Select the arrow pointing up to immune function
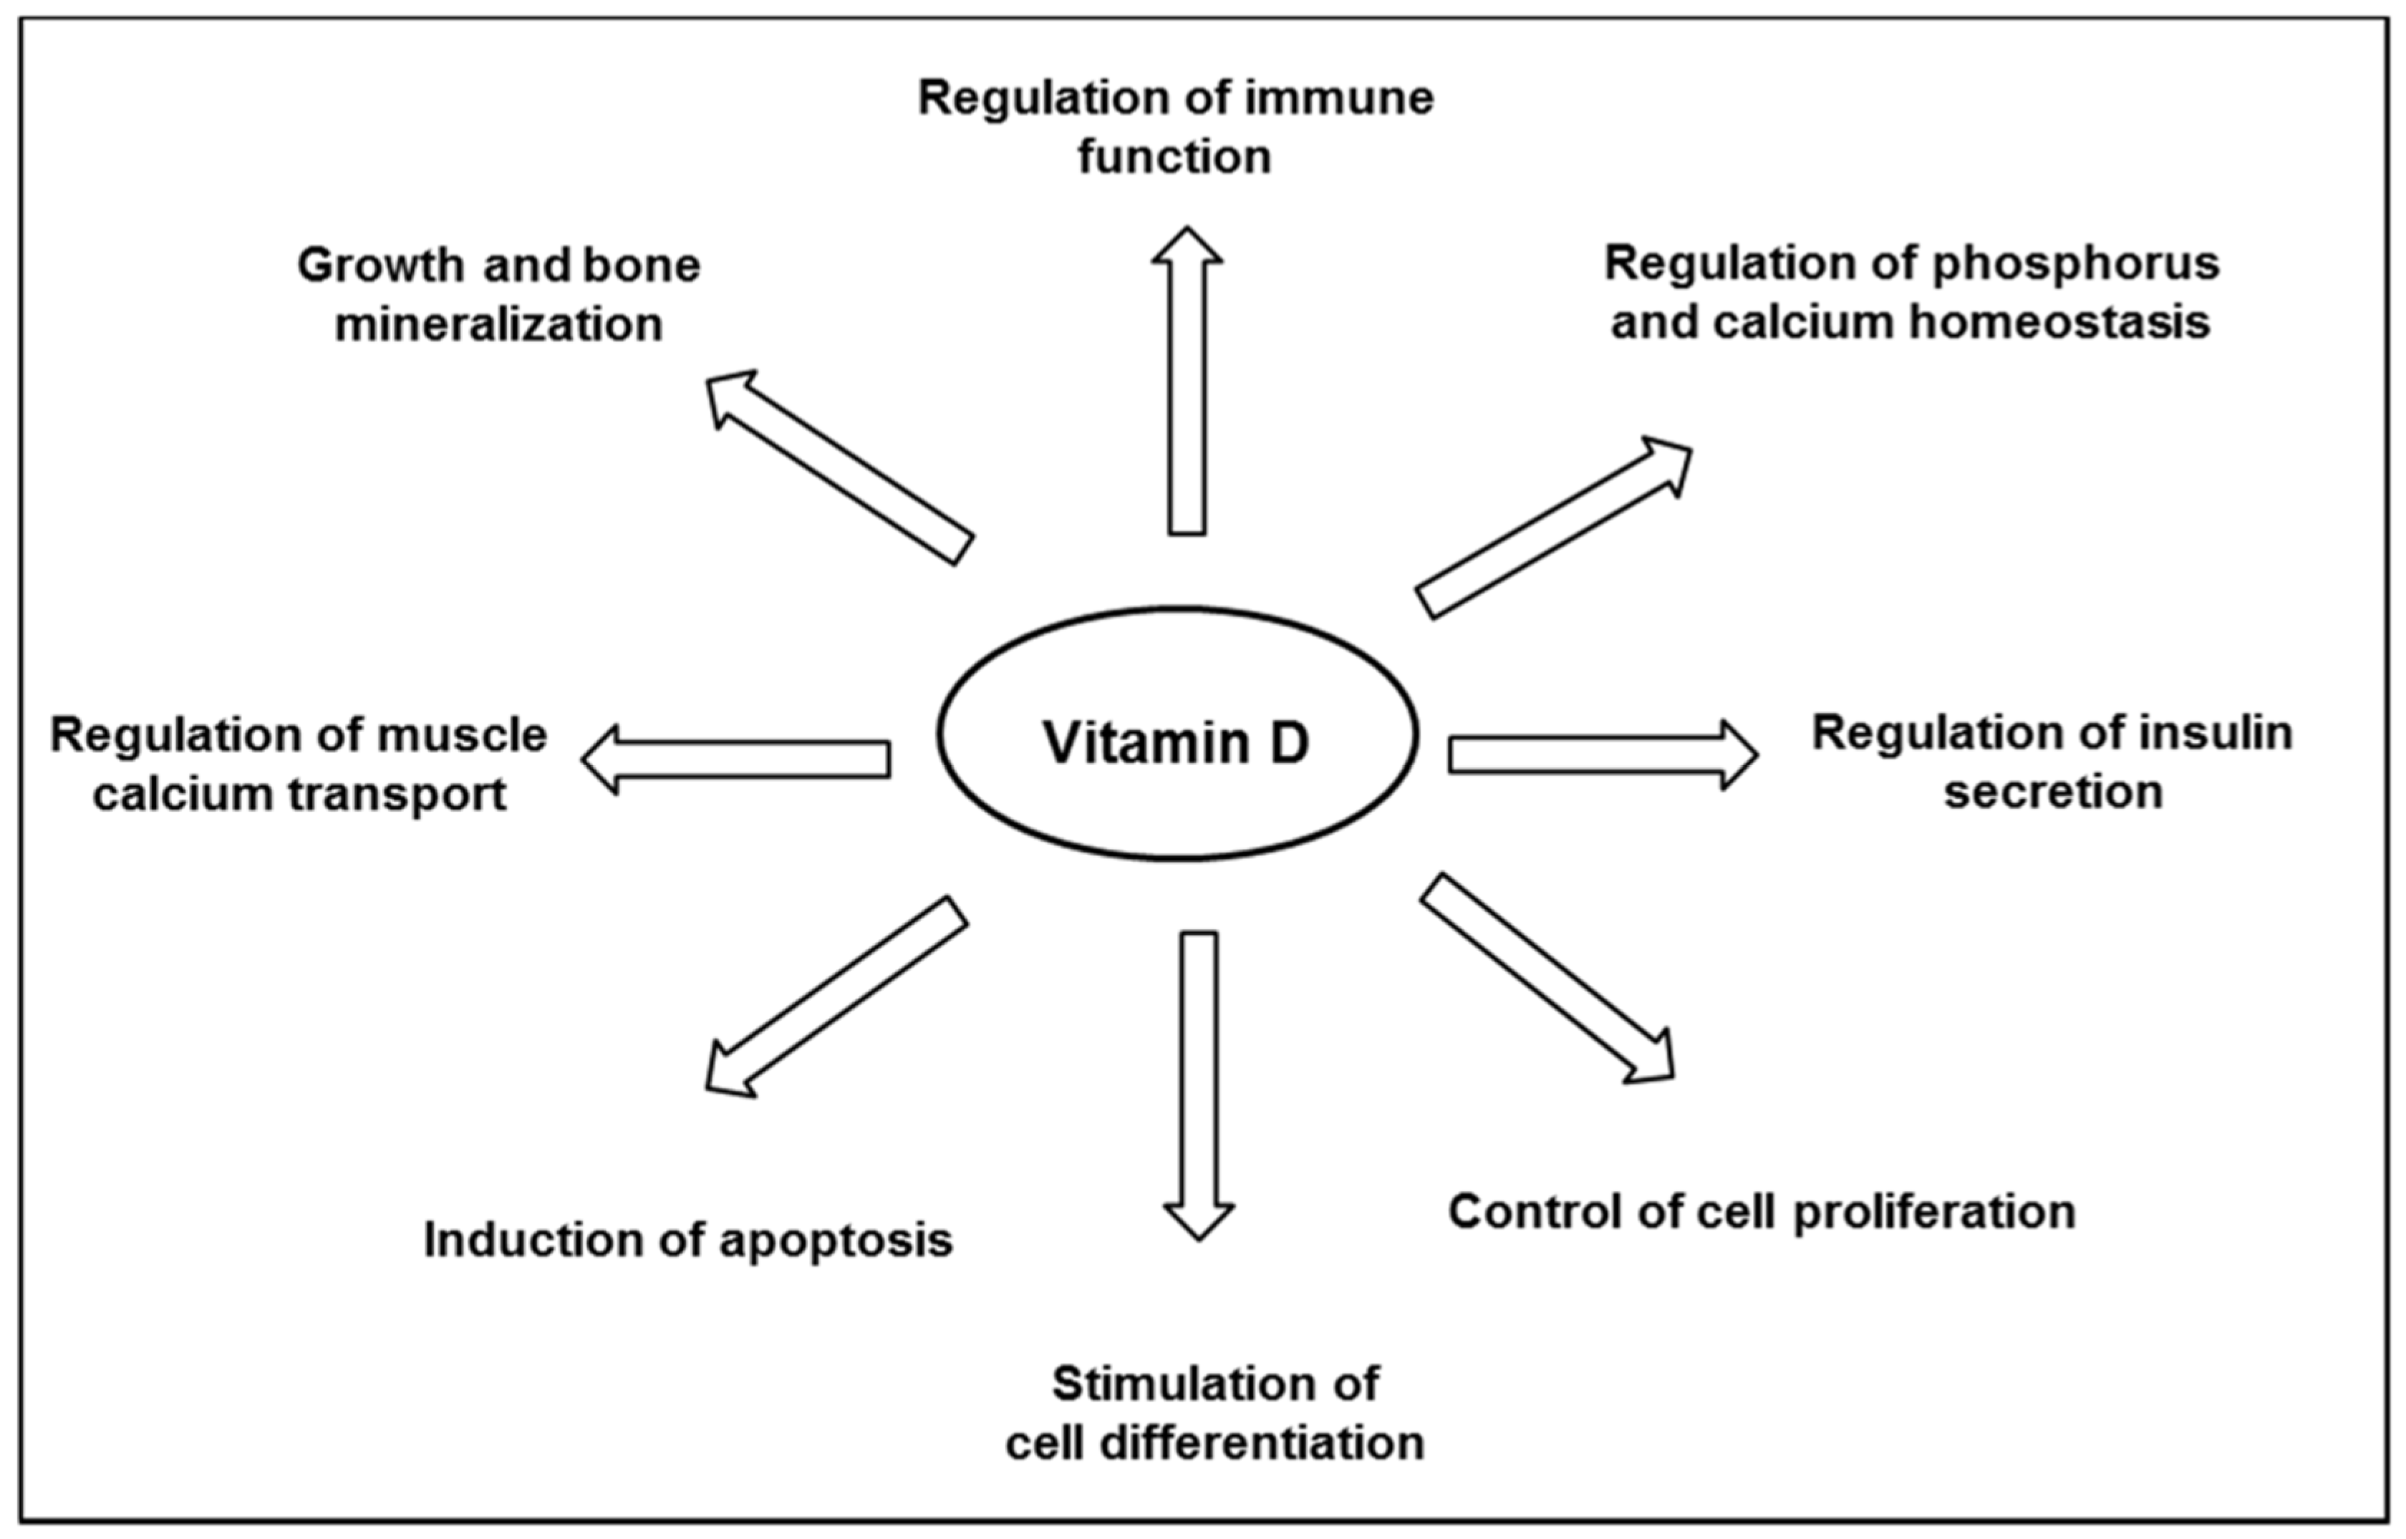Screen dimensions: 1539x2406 1187,389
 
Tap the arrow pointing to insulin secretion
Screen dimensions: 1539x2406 1599,755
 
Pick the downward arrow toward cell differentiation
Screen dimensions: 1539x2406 1199,1079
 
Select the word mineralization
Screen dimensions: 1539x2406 498,326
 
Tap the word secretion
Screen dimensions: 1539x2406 2053,792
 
